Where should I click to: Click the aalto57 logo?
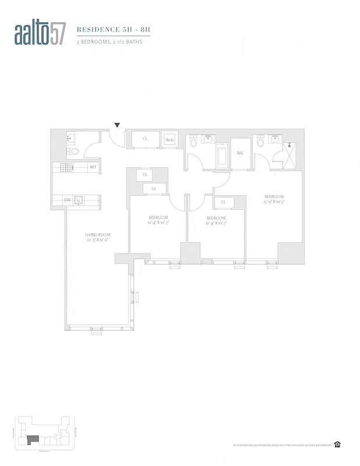40,34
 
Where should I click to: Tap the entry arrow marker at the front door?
117,125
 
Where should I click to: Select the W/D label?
170,140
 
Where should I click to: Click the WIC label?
239,153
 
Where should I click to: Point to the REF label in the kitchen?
93,167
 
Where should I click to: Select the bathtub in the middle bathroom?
222,157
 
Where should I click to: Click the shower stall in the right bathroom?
290,154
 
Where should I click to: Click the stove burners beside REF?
67,167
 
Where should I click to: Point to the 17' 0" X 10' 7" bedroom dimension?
274,202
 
